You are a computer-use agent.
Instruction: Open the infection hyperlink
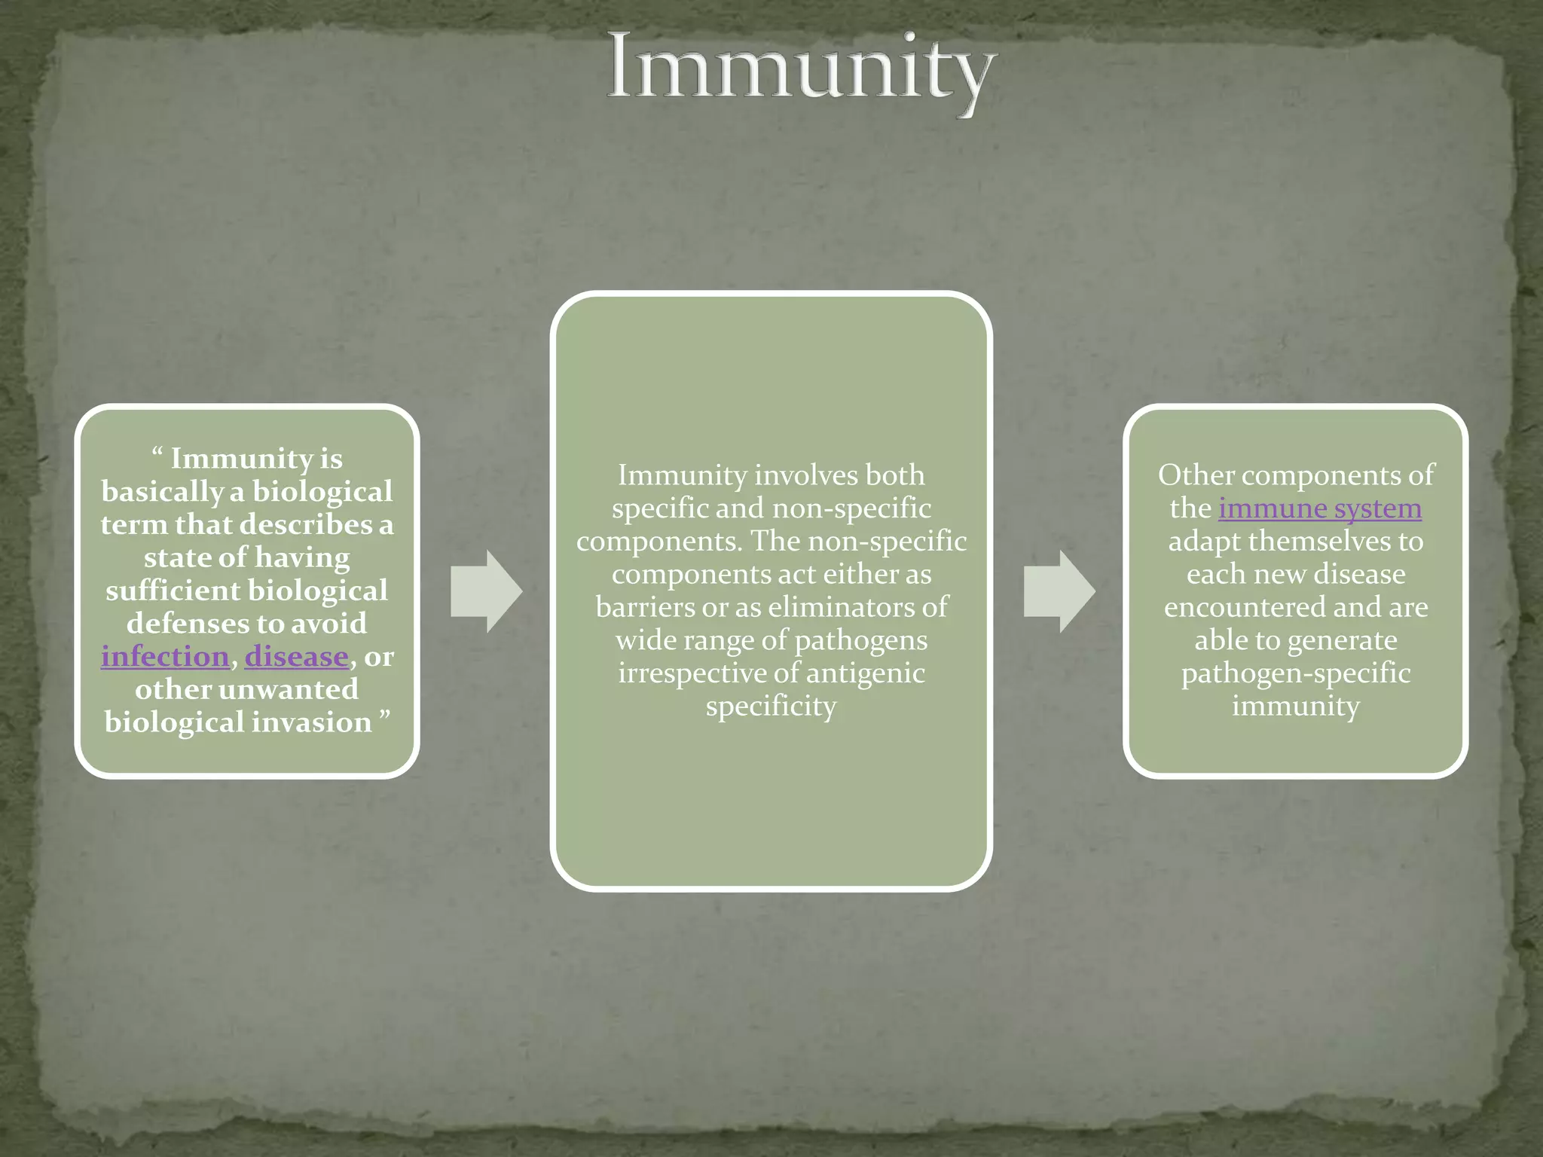pos(165,657)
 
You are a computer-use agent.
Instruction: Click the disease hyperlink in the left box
pos(296,657)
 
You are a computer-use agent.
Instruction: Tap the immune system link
pos(1320,508)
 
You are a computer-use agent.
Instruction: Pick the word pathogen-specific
pos(1296,673)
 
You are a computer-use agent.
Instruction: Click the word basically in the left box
pos(162,492)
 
